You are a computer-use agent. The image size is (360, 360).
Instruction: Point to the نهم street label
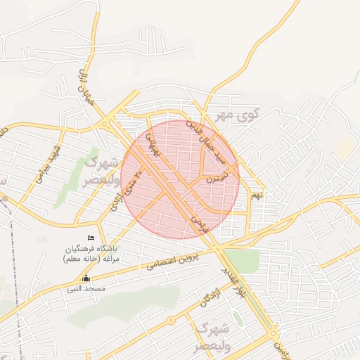click(257, 193)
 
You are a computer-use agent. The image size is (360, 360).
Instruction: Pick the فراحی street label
click(198, 225)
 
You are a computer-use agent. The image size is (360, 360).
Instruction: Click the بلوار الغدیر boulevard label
click(235, 282)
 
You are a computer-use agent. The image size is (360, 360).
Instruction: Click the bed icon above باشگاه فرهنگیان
click(89, 239)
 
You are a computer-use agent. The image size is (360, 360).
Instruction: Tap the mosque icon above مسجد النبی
click(86, 278)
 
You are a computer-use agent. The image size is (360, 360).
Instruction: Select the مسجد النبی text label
click(86, 288)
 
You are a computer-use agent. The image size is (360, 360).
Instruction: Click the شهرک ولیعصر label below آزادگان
click(213, 338)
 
